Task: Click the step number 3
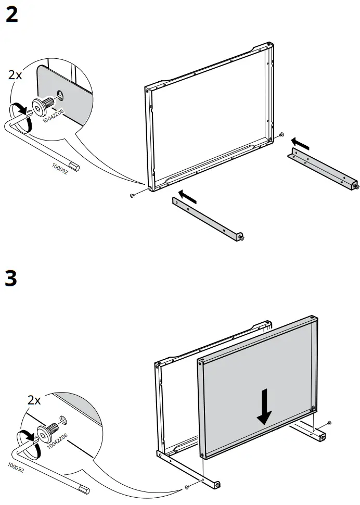click(11, 279)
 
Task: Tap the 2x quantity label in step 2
click(16, 74)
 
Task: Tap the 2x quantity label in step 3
click(34, 400)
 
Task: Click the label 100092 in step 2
click(60, 168)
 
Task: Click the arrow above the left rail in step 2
click(188, 196)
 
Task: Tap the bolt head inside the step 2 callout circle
click(40, 107)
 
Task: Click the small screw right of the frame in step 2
click(281, 135)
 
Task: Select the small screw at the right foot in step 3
click(329, 422)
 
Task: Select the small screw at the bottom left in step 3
click(186, 487)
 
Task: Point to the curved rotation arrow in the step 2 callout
click(20, 108)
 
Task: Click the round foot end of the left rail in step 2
click(241, 237)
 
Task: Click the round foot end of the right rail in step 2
click(355, 186)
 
